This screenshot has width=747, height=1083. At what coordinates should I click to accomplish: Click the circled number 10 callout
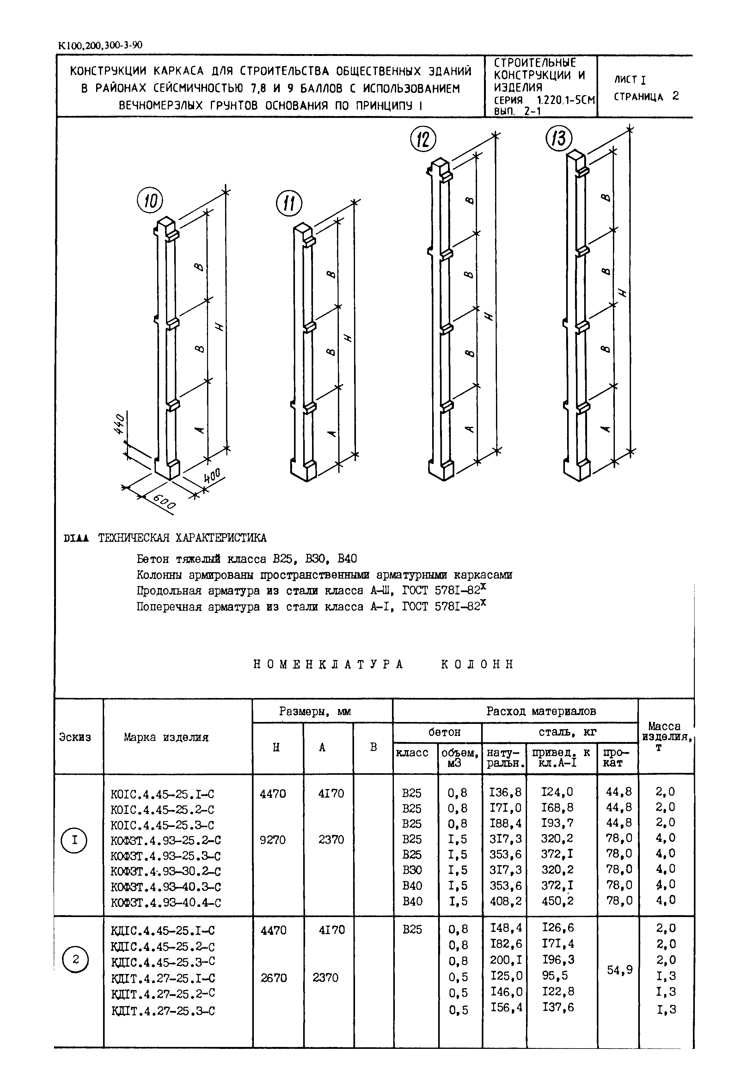coord(150,201)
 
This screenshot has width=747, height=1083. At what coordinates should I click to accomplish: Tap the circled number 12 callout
coord(423,140)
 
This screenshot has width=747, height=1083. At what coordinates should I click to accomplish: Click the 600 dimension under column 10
coord(164,503)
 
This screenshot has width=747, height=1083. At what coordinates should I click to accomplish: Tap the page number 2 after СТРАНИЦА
coord(675,96)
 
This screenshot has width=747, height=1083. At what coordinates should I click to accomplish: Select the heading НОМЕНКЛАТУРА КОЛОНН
coord(383,664)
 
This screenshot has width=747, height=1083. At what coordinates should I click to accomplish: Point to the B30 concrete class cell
coord(412,870)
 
